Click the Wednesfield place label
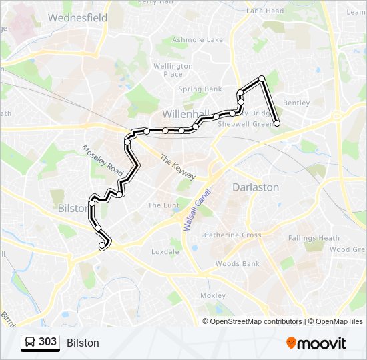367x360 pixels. [77, 18]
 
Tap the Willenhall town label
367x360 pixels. [186, 113]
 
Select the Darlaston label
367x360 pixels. [256, 187]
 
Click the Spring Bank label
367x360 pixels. [200, 89]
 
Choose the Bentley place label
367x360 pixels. [296, 103]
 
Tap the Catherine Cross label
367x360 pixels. [232, 235]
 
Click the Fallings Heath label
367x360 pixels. [314, 238]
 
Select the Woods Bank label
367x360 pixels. [238, 264]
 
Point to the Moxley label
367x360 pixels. [214, 295]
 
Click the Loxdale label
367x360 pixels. [165, 251]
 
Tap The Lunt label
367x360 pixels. [163, 205]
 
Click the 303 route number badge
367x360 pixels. [40, 342]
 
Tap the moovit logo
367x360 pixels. [316, 343]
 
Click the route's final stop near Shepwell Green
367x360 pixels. [277, 123]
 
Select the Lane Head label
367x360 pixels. [265, 11]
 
